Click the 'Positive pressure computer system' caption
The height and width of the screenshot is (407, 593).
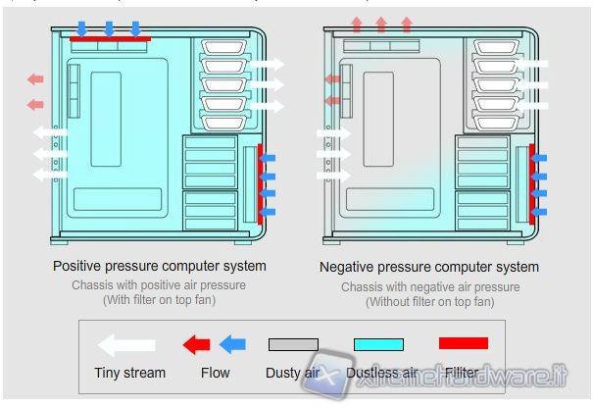click(159, 266)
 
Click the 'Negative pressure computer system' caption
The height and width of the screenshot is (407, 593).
click(429, 267)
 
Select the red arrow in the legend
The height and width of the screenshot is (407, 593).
click(197, 344)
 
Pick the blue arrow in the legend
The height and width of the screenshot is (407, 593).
click(231, 344)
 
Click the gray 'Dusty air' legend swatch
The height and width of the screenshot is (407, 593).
click(293, 344)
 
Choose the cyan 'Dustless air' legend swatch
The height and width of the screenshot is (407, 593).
click(378, 344)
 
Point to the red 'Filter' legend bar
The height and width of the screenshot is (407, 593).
click(463, 343)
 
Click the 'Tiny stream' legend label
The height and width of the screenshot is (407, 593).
click(130, 373)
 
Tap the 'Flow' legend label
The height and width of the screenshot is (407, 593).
click(215, 373)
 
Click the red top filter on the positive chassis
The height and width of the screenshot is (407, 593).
click(110, 41)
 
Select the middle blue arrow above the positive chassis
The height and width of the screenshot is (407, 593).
click(110, 27)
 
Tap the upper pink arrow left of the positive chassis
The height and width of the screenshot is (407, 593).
click(35, 79)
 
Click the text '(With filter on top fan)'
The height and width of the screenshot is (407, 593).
click(159, 300)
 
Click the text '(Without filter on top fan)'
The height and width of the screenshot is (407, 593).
click(429, 301)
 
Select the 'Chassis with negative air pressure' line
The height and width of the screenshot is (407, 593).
click(429, 286)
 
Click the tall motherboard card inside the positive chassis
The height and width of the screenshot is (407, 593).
click(105, 118)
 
